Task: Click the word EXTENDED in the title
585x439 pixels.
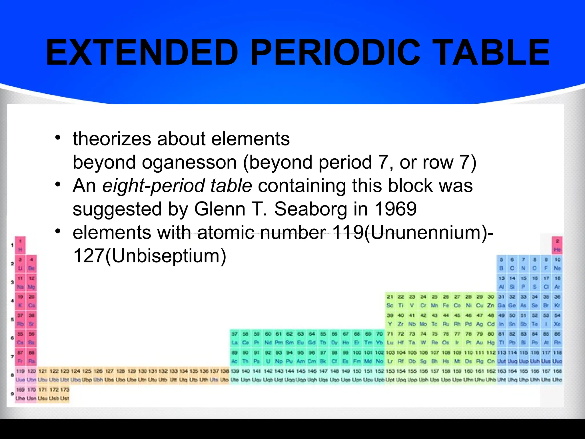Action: point(142,53)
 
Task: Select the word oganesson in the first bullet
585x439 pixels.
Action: point(189,162)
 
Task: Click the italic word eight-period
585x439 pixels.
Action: point(153,185)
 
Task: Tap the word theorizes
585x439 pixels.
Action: point(112,139)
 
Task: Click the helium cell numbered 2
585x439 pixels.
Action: point(557,245)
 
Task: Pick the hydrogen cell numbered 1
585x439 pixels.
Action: point(20,245)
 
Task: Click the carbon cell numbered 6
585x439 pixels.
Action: point(512,264)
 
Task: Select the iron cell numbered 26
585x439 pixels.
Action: point(446,301)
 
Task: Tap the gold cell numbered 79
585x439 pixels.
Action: point(479,338)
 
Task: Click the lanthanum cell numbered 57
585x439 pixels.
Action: point(235,338)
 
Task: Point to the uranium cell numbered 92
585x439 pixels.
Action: point(268,357)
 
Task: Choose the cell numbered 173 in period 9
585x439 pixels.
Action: point(65,394)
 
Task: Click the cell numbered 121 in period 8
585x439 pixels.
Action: point(43,375)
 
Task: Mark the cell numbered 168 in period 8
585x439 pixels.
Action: point(557,375)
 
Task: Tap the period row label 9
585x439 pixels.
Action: point(12,394)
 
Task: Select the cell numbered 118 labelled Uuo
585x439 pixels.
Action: point(557,357)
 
